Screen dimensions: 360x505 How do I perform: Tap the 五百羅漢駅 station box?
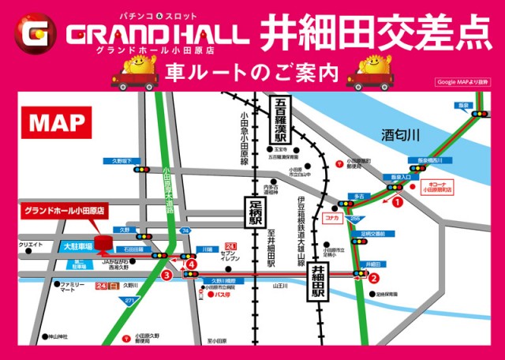click(281, 119)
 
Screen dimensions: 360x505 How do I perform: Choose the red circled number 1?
click(398, 202)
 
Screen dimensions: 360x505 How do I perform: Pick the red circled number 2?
click(374, 277)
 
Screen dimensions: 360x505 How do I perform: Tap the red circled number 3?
click(166, 276)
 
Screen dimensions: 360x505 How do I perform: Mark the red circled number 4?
click(192, 264)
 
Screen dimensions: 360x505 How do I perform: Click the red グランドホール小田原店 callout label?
click(65, 212)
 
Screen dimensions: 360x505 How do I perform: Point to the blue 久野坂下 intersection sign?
click(119, 161)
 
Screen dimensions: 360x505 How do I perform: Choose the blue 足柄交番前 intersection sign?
click(375, 233)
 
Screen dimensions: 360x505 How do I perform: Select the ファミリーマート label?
click(73, 286)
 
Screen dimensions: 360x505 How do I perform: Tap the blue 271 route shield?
click(127, 302)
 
